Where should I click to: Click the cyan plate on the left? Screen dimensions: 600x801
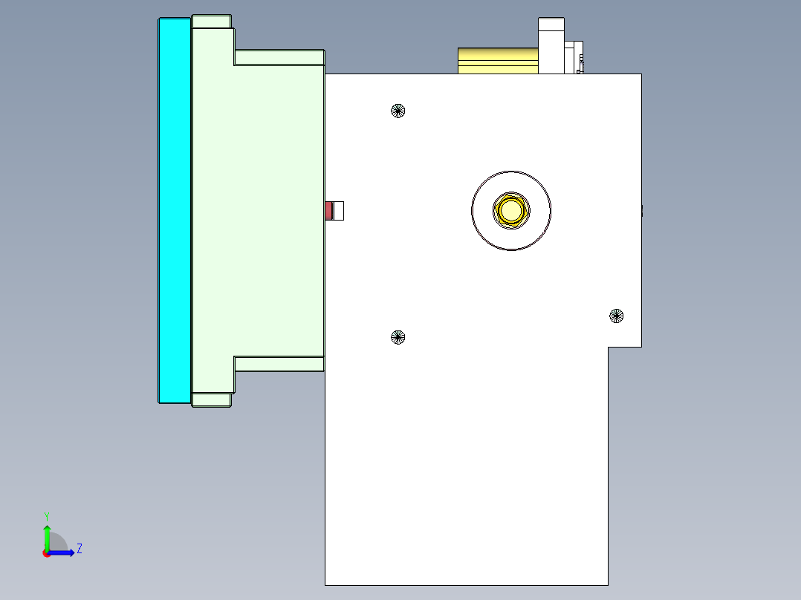tap(175, 210)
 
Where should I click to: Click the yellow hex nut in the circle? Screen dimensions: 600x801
tap(511, 210)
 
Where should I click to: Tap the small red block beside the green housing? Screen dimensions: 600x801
tap(328, 211)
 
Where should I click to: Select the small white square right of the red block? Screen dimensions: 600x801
tap(339, 211)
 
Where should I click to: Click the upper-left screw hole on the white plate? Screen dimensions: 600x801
tap(398, 111)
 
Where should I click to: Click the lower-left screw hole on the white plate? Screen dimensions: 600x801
tap(398, 337)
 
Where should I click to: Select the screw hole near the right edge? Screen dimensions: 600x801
tap(616, 316)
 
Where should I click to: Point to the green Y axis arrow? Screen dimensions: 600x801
tap(47, 536)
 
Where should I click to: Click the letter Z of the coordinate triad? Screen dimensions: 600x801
tap(79, 549)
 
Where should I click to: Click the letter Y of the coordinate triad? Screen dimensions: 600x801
tap(47, 515)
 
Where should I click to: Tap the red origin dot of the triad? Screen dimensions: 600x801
tap(47, 553)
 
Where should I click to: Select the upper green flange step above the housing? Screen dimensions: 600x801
tap(279, 57)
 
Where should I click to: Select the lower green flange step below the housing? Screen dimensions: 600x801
tap(279, 363)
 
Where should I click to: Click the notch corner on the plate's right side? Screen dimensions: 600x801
tap(609, 347)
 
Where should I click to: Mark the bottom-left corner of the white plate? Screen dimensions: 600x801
tap(325, 584)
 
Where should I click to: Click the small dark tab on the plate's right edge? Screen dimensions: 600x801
tap(641, 211)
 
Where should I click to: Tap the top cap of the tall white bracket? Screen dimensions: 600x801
tap(551, 24)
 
